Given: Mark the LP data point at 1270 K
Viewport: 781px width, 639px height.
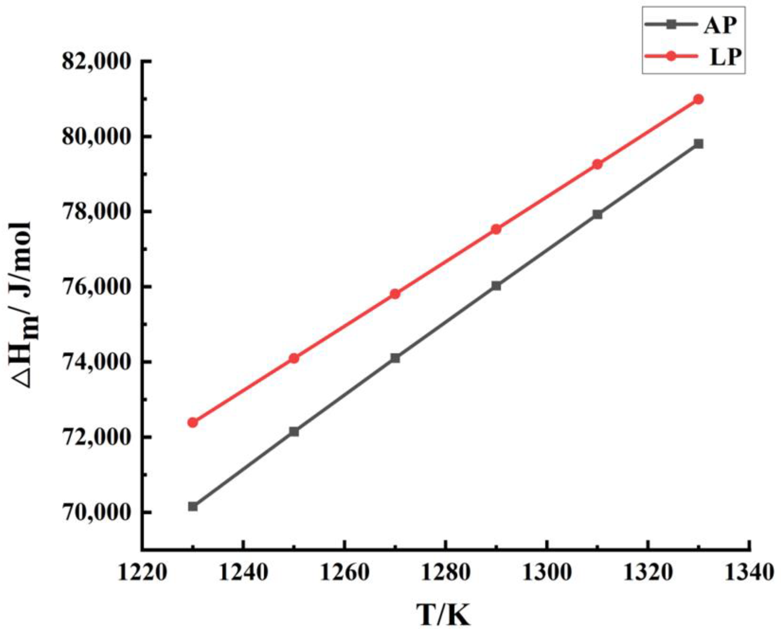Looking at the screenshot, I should pyautogui.click(x=395, y=294).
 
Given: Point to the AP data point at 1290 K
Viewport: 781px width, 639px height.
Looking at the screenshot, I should pyautogui.click(x=496, y=286).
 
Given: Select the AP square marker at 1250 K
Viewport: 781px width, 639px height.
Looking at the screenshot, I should pyautogui.click(x=294, y=431).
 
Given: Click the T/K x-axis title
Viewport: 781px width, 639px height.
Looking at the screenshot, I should pyautogui.click(x=444, y=615).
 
